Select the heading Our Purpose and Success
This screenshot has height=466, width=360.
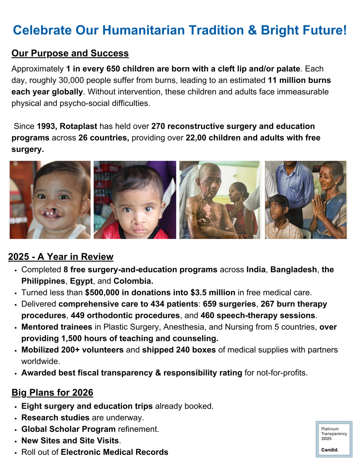(70, 54)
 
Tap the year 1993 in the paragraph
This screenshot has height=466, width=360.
(46, 126)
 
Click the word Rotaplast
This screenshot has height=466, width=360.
(79, 126)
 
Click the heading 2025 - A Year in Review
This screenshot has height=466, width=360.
(61, 257)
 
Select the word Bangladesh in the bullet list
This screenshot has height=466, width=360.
(294, 270)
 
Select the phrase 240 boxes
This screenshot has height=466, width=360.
(196, 350)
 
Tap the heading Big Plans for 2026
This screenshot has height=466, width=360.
(52, 393)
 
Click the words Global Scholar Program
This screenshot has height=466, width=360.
(68, 429)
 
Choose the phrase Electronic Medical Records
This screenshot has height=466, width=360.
(114, 452)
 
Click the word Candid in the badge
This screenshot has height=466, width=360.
(330, 450)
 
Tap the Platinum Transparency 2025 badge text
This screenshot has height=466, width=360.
(334, 434)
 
